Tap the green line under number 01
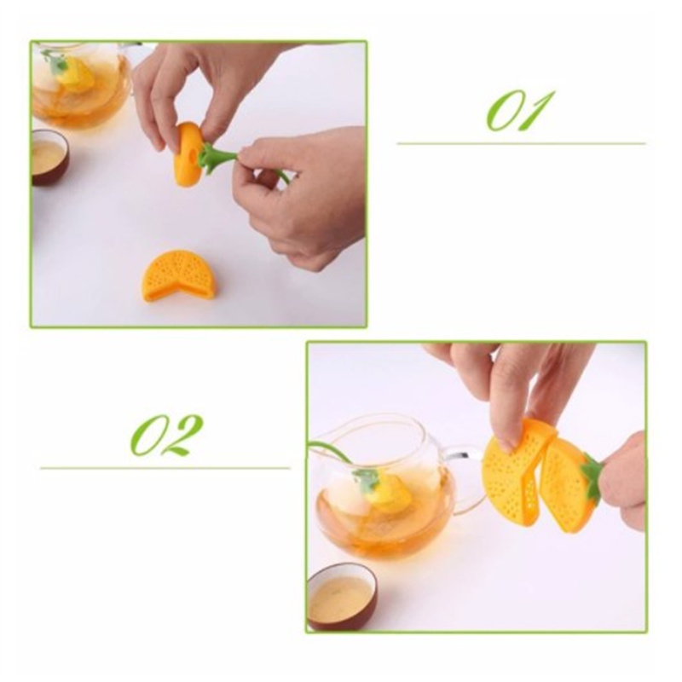(521, 143)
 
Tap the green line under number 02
(165, 468)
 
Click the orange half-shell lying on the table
(177, 275)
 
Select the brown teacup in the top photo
(49, 157)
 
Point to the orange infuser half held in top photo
(188, 154)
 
